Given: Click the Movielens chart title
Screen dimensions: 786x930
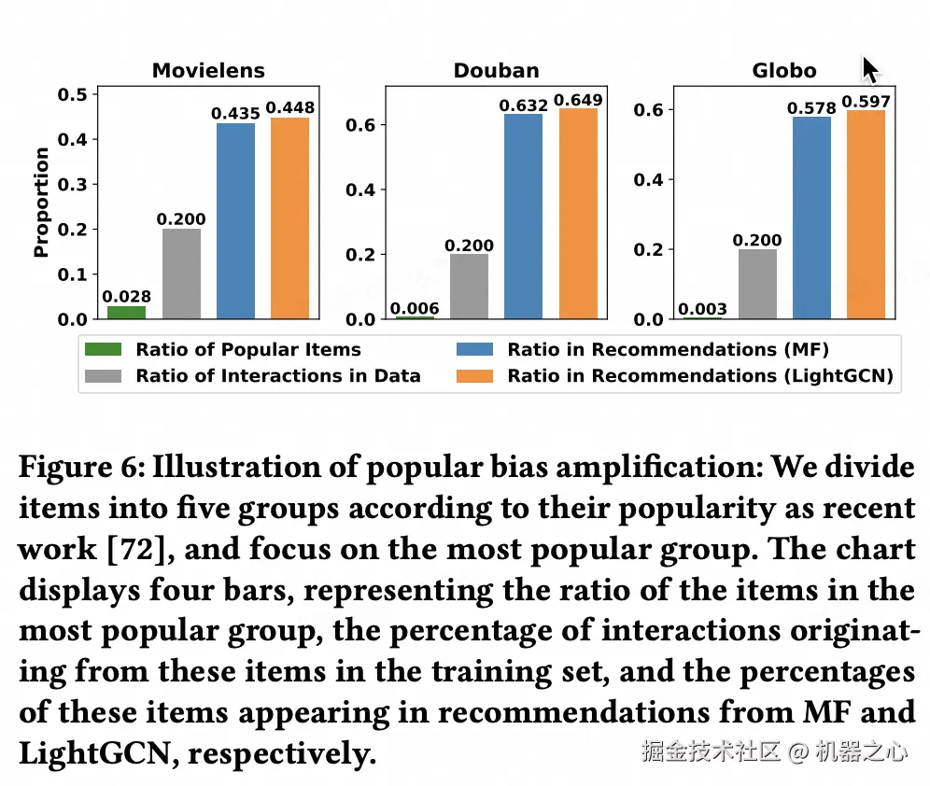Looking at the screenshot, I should tap(208, 71).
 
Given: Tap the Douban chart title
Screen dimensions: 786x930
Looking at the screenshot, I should tap(496, 71).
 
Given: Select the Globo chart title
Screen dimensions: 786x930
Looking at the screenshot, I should tap(783, 71).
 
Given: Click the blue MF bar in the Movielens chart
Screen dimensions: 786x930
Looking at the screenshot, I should tap(235, 221).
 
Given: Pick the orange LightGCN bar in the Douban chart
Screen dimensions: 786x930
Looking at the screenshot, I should tap(578, 214).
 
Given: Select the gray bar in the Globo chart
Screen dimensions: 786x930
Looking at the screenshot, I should tap(756, 284).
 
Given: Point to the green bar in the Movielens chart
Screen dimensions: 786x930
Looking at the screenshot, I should tap(126, 312).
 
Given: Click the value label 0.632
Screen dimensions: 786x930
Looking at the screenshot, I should tap(523, 105).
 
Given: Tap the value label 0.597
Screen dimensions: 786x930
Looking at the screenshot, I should tap(866, 102).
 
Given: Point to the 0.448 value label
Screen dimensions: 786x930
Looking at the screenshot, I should tap(289, 108).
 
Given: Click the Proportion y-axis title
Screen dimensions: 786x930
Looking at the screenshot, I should tap(41, 202).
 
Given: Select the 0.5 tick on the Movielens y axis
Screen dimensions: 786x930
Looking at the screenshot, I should tap(72, 94).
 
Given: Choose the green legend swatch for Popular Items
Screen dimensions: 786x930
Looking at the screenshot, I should tap(103, 350).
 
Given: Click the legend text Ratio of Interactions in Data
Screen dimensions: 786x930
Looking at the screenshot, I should tap(278, 376).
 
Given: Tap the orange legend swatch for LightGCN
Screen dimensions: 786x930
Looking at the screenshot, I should tap(475, 376).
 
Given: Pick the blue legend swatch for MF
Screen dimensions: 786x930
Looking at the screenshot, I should tap(475, 350).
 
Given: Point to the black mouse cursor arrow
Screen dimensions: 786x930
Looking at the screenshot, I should tap(869, 70).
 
